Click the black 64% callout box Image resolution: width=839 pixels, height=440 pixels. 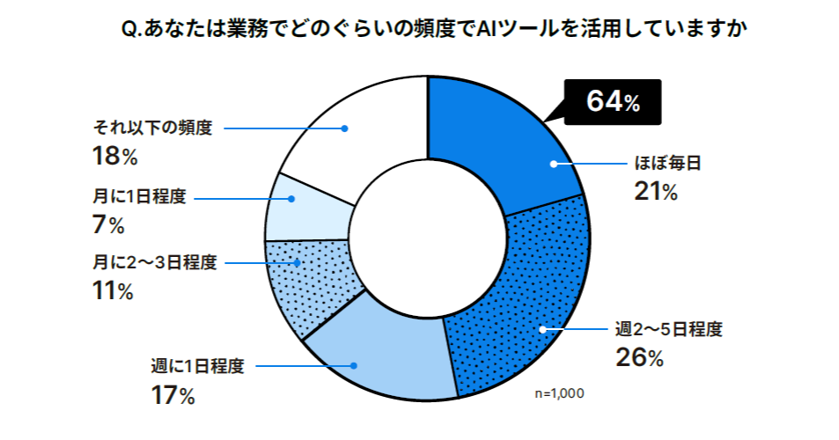(x=612, y=103)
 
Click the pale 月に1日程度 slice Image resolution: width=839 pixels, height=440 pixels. (x=304, y=209)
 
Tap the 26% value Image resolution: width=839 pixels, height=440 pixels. (x=638, y=358)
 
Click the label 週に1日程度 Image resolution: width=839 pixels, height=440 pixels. (x=196, y=366)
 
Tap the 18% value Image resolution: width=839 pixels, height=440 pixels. (x=114, y=156)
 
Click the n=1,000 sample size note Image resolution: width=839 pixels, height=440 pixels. (x=559, y=392)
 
